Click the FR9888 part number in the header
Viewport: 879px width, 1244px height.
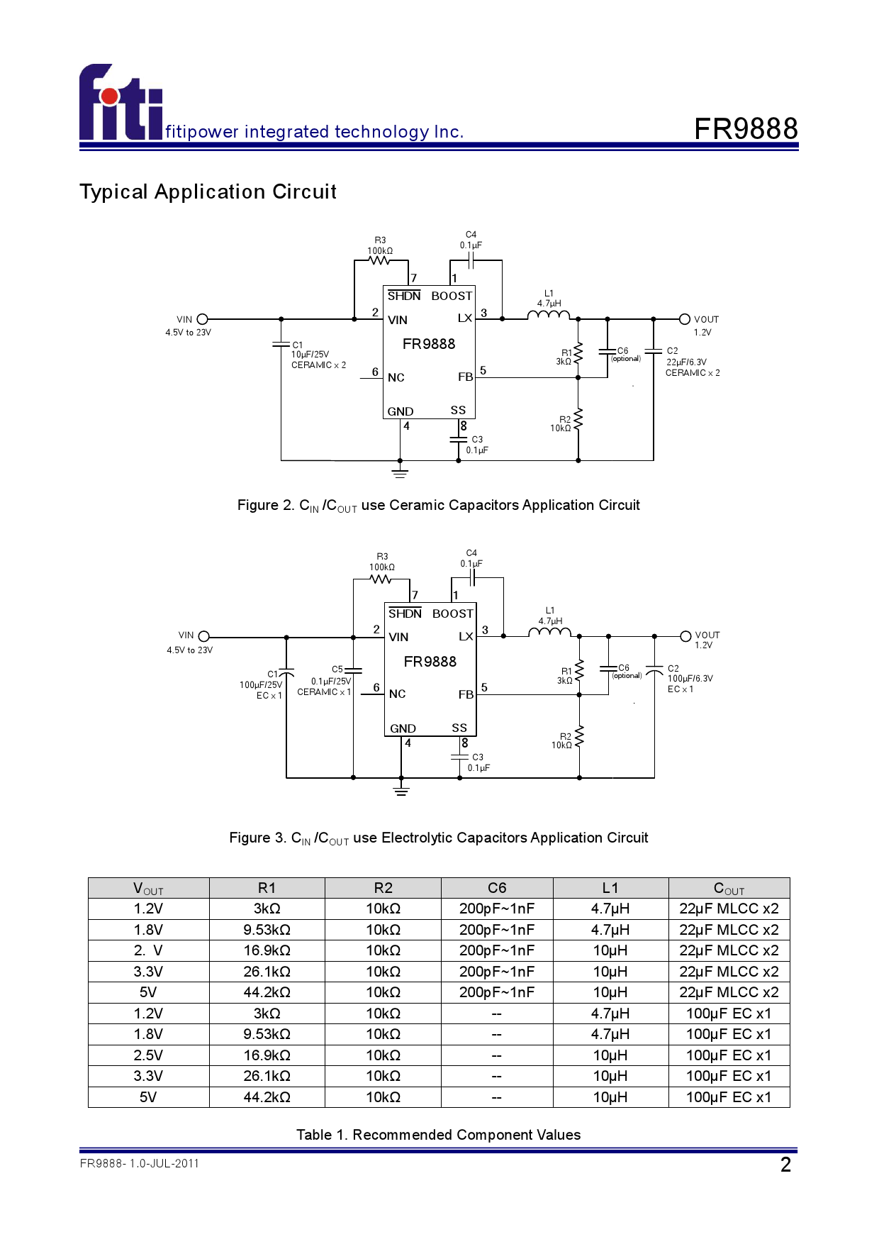click(x=746, y=129)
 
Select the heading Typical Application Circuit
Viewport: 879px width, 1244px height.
click(x=208, y=191)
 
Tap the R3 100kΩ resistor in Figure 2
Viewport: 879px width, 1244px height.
click(x=380, y=260)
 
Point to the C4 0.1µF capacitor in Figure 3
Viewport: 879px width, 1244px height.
click(x=472, y=578)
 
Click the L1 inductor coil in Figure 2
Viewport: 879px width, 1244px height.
click(x=549, y=316)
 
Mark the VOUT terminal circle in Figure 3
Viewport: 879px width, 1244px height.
click(x=685, y=636)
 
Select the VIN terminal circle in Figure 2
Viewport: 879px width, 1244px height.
click(x=203, y=319)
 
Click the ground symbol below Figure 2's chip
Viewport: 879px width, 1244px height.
click(x=400, y=472)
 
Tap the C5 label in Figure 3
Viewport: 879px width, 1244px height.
click(x=337, y=669)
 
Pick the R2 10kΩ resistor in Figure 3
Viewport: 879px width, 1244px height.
click(x=579, y=738)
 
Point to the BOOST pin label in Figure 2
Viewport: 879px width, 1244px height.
click(x=452, y=296)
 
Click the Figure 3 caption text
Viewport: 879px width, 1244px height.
click(x=438, y=838)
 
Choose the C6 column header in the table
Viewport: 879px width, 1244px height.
click(x=497, y=888)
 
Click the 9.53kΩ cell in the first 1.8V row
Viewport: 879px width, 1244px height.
click(x=267, y=930)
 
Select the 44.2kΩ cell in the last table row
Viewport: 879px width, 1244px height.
click(x=267, y=1097)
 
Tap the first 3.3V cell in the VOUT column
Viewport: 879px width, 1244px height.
click(x=148, y=972)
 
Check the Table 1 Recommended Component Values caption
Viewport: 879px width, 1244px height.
click(x=438, y=1135)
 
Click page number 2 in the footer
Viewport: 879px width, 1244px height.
click(x=785, y=1165)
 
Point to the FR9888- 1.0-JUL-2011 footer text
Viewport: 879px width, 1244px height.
click(x=140, y=1163)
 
